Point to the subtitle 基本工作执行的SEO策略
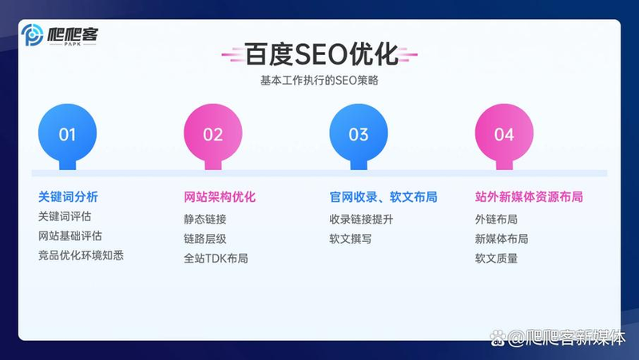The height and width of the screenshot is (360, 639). click(x=319, y=81)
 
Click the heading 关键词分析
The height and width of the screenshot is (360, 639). click(x=68, y=196)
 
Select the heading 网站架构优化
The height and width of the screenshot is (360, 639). click(x=220, y=196)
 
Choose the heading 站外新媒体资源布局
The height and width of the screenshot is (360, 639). click(x=529, y=196)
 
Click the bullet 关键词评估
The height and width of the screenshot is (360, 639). click(x=65, y=216)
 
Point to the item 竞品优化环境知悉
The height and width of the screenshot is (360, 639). click(x=81, y=255)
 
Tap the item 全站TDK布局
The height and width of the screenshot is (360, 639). click(x=216, y=258)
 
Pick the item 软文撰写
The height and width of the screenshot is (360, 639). click(x=351, y=238)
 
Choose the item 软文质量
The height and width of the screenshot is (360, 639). click(x=496, y=258)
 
